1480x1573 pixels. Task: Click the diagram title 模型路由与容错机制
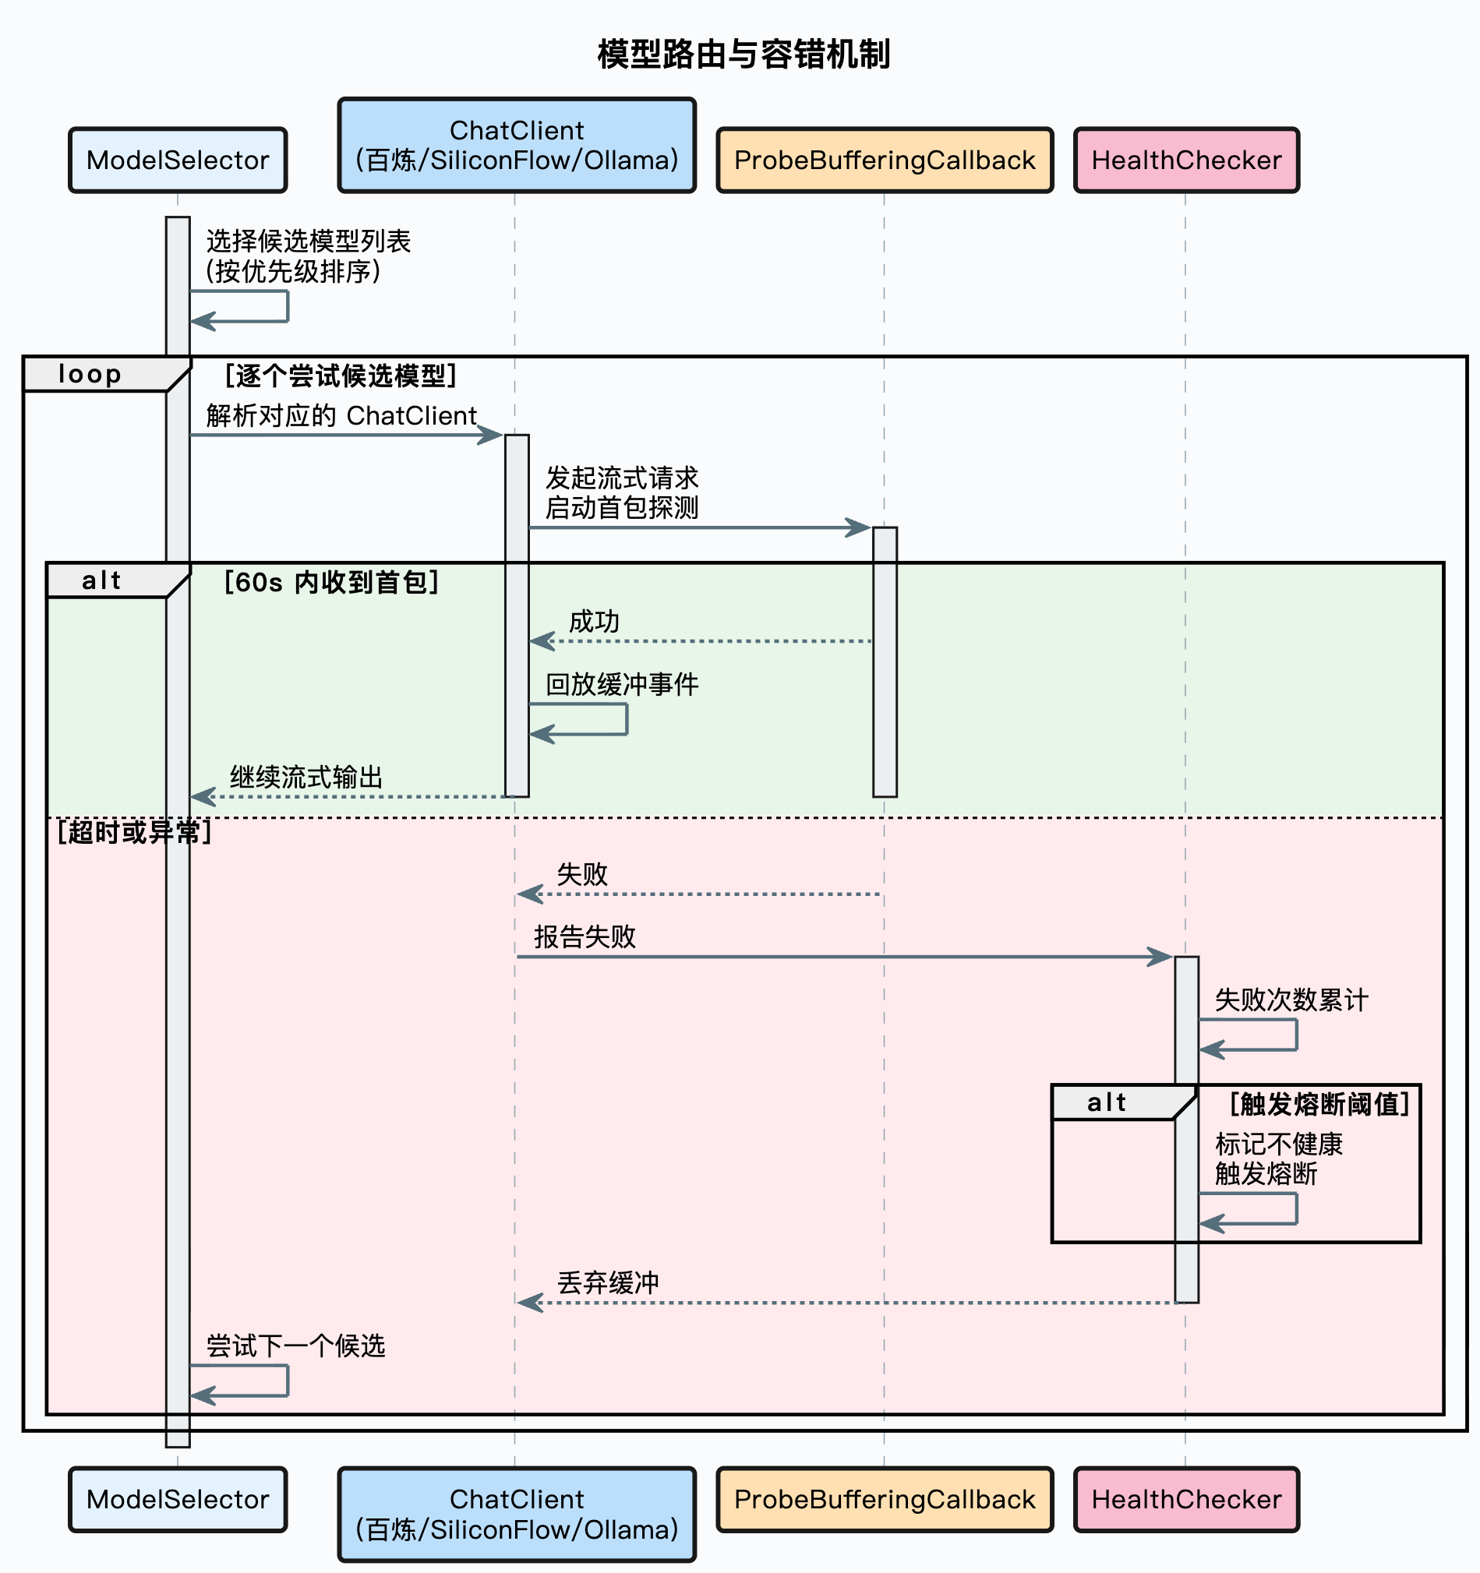(x=744, y=55)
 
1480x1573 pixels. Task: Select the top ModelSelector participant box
(x=178, y=160)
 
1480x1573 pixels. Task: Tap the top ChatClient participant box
(x=517, y=146)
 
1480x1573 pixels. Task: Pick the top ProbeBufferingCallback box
(x=885, y=160)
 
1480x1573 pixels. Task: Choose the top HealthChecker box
(x=1186, y=160)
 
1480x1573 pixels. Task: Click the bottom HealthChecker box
(x=1186, y=1500)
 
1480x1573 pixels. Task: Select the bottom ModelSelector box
(x=178, y=1500)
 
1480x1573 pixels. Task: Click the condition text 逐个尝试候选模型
(x=341, y=376)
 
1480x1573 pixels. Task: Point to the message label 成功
(x=595, y=622)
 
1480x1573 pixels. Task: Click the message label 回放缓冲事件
(x=622, y=684)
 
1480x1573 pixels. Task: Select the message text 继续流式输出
(x=306, y=777)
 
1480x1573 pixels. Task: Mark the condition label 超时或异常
(x=135, y=832)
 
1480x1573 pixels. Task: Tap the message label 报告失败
(x=585, y=936)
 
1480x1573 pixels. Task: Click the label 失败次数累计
(x=1291, y=1000)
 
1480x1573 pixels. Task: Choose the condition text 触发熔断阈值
(x=1320, y=1104)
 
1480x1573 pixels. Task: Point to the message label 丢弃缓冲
(x=608, y=1282)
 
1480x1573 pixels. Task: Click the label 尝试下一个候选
(x=296, y=1346)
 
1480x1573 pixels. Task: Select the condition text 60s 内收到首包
(x=331, y=582)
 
